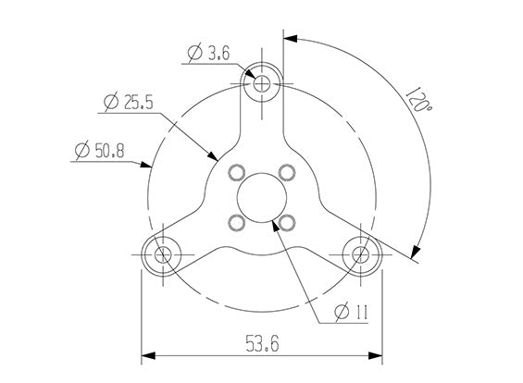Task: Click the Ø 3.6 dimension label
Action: click(209, 53)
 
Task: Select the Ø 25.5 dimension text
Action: click(129, 102)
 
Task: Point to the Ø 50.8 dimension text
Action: click(99, 151)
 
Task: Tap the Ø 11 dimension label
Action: click(351, 312)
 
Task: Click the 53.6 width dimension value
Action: click(262, 343)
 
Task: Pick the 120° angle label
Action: click(418, 100)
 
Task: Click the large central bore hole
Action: click(262, 198)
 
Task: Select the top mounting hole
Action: click(262, 83)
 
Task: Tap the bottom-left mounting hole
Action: click(163, 255)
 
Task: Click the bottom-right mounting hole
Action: click(361, 255)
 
